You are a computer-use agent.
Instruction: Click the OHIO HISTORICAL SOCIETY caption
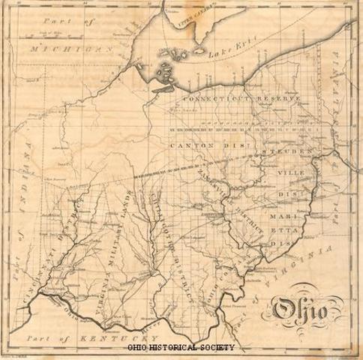181,347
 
